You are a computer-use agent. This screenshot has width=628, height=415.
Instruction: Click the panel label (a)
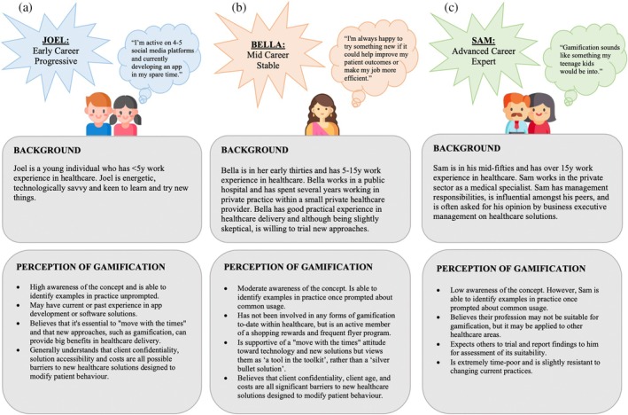click(x=14, y=10)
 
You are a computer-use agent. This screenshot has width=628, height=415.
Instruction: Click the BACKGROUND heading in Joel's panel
click(x=50, y=150)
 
